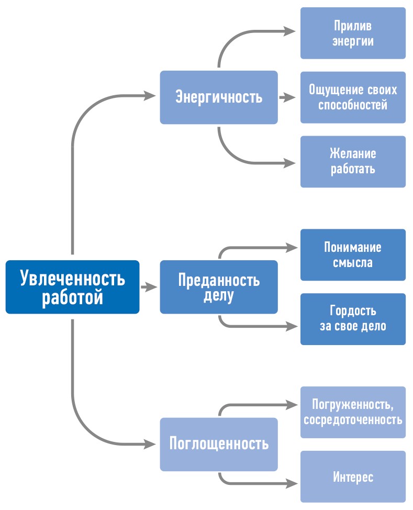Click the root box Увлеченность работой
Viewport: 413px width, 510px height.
(72, 287)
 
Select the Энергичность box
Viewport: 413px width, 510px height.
(219, 97)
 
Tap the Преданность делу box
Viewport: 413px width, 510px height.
(219, 287)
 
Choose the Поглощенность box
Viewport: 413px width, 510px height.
(219, 444)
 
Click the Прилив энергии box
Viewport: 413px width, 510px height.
(353, 33)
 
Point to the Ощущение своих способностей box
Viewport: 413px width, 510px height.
(353, 97)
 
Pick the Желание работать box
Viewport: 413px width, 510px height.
(353, 161)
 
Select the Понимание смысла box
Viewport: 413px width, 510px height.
(353, 254)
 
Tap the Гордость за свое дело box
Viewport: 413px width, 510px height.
(353, 319)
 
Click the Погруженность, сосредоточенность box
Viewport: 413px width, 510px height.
(353, 412)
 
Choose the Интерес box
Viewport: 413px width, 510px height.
(353, 476)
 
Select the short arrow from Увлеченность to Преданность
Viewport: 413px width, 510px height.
(149, 287)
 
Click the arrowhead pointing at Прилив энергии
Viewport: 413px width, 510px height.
(290, 31)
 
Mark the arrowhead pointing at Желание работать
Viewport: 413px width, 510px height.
(290, 163)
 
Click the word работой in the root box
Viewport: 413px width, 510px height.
(72, 297)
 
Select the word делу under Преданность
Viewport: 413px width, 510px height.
(219, 296)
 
